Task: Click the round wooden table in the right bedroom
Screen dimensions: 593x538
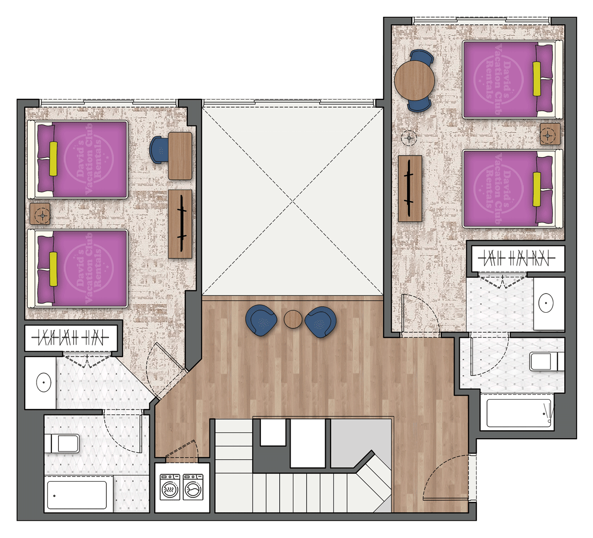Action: pyautogui.click(x=415, y=80)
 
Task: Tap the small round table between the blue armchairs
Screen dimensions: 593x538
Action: pyautogui.click(x=293, y=319)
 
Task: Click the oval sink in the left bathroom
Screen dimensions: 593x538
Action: pyautogui.click(x=43, y=382)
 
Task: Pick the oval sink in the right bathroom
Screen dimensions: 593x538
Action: pyautogui.click(x=546, y=303)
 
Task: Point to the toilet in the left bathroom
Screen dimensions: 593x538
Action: pyautogui.click(x=62, y=444)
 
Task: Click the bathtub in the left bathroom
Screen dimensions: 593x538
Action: pyautogui.click(x=77, y=495)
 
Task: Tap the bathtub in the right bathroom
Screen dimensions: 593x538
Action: pyautogui.click(x=519, y=413)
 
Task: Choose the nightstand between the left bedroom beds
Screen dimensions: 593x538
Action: pyautogui.click(x=40, y=214)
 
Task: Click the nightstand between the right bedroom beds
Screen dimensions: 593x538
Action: pyautogui.click(x=550, y=134)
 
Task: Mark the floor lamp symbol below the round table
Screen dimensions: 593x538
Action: pyautogui.click(x=409, y=138)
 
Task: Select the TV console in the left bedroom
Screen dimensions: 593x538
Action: pyautogui.click(x=180, y=224)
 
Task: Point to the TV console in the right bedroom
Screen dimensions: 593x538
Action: pyautogui.click(x=410, y=189)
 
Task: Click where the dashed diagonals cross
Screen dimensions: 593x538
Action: pyautogui.click(x=293, y=202)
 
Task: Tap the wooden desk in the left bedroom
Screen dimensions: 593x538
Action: pyautogui.click(x=180, y=156)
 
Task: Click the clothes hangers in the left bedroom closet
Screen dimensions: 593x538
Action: pyautogui.click(x=71, y=337)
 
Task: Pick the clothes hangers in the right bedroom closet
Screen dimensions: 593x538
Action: pyautogui.click(x=516, y=258)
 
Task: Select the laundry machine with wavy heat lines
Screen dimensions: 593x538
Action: pyautogui.click(x=169, y=488)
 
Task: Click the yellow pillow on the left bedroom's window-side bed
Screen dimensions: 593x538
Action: pyautogui.click(x=53, y=159)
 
